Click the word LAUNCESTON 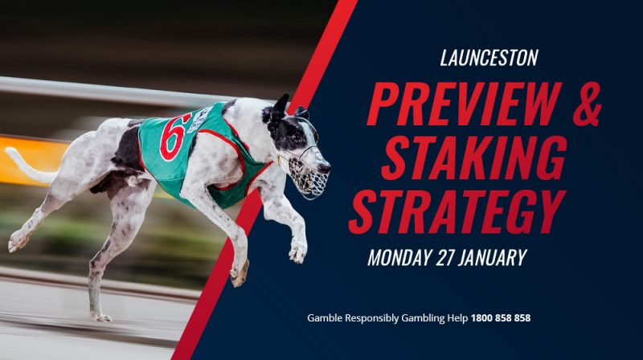tap(489, 58)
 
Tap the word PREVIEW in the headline tap(464, 104)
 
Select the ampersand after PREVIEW tap(588, 104)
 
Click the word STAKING tap(475, 157)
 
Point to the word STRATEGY tap(457, 211)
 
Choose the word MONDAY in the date tap(399, 257)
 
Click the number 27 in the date tap(444, 257)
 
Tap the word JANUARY tap(492, 257)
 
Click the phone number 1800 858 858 tap(501, 317)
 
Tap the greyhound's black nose tap(325, 168)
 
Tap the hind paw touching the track tap(101, 317)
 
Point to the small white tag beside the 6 tap(199, 119)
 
